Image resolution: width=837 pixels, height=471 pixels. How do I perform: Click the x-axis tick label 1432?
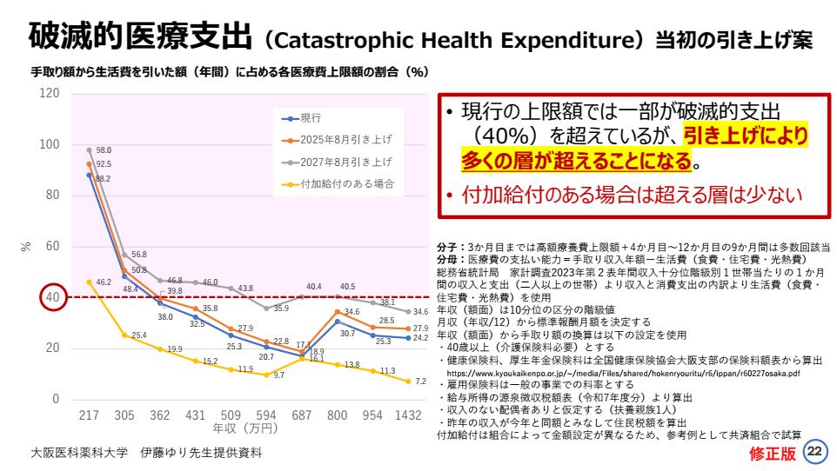(408, 415)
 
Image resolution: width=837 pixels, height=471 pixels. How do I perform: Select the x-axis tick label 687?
(302, 415)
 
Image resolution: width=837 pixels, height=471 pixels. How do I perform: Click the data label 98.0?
(103, 149)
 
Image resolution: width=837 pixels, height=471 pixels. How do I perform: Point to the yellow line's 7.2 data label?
(421, 381)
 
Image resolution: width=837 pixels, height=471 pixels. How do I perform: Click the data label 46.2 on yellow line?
(103, 282)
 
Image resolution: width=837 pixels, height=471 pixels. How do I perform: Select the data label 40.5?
(347, 286)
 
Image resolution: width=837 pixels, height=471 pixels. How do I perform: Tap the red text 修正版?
(773, 453)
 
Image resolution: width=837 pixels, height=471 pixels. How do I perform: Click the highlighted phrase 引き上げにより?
(745, 136)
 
